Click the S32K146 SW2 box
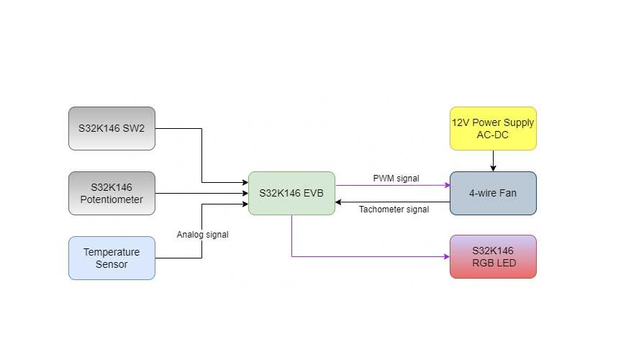[112, 128]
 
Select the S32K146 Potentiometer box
[112, 193]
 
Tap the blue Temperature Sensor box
[112, 258]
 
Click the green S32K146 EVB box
[291, 193]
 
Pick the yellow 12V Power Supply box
[493, 128]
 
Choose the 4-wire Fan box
[493, 193]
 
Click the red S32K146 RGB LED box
[493, 256]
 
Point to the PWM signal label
[396, 178]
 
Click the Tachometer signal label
[394, 210]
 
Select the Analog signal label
[202, 234]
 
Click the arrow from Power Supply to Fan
[493, 161]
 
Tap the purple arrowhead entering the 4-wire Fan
[445, 184]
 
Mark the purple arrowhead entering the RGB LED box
[445, 256]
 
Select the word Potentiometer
[112, 199]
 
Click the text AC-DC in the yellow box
[493, 135]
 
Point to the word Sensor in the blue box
[112, 264]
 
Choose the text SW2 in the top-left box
[133, 128]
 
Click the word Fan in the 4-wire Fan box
[508, 193]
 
